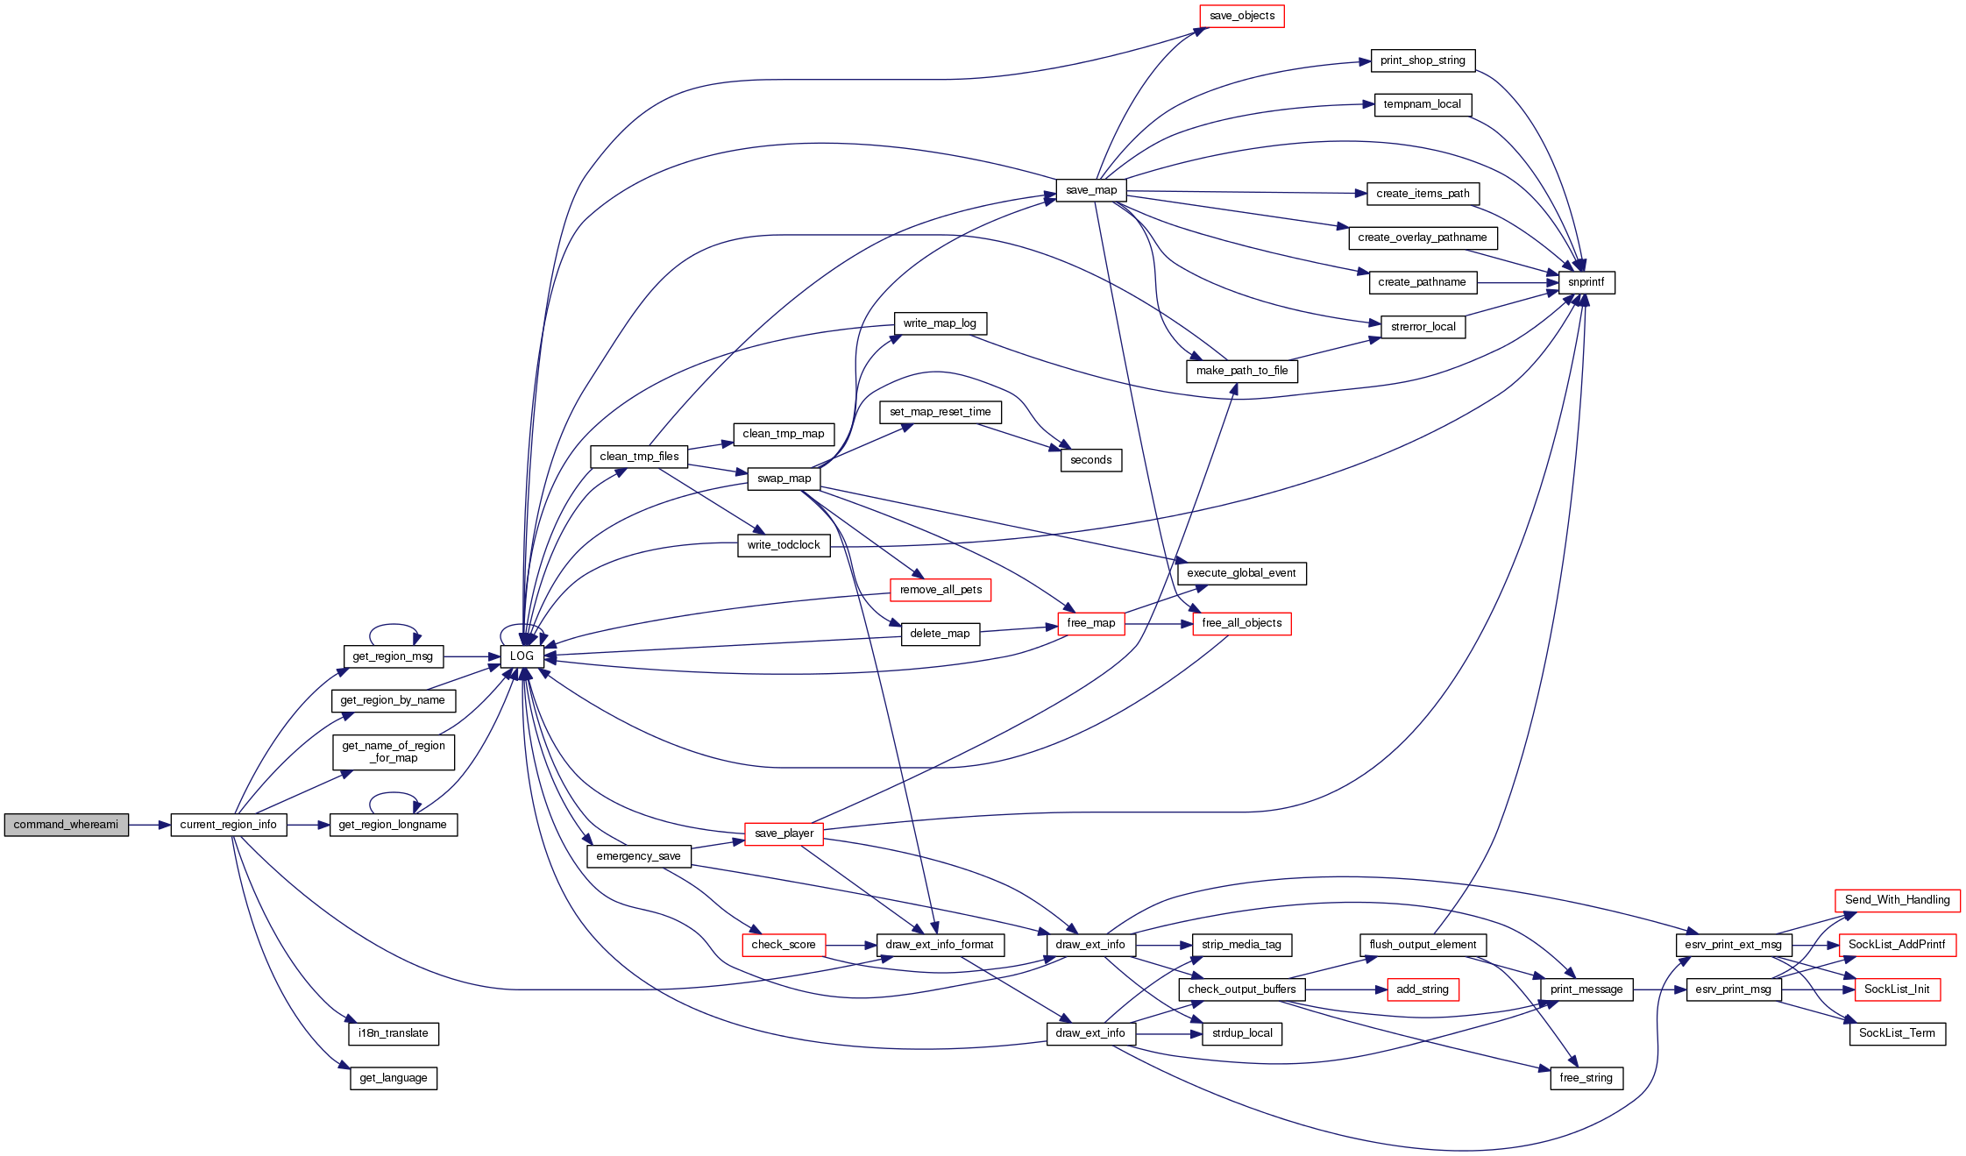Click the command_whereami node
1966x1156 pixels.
coord(66,825)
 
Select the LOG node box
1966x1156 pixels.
coord(522,656)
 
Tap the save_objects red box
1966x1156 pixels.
coord(1241,16)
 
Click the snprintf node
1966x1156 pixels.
coord(1586,282)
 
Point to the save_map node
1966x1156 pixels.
coord(1090,190)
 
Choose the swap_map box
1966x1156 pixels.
coord(784,479)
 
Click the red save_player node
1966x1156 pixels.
coord(784,833)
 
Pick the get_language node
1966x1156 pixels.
coord(394,1078)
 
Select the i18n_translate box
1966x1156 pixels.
coord(394,1033)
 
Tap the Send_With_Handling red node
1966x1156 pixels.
coord(1897,900)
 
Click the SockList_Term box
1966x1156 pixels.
coord(1897,1033)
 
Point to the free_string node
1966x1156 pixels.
coord(1586,1078)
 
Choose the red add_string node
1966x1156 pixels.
coord(1422,989)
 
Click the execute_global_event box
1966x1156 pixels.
coord(1241,573)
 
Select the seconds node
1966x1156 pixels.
coord(1090,460)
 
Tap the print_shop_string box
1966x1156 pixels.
coord(1422,60)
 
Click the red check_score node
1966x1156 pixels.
coord(784,945)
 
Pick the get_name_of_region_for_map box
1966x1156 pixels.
coord(394,752)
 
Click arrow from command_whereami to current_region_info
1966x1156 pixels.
coord(149,825)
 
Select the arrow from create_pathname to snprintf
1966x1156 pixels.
coord(1517,282)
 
